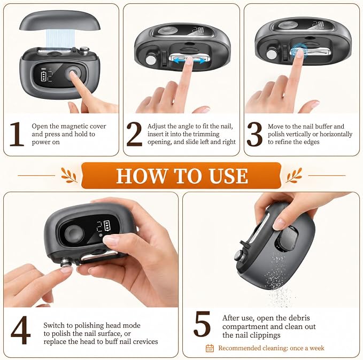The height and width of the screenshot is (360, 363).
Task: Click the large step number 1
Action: pyautogui.click(x=17, y=134)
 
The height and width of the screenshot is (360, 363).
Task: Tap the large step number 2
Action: pyautogui.click(x=134, y=134)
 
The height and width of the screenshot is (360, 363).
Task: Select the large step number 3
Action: pyautogui.click(x=254, y=134)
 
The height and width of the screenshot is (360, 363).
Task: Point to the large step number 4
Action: pyautogui.click(x=21, y=330)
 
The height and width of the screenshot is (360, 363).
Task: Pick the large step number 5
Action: pyautogui.click(x=202, y=324)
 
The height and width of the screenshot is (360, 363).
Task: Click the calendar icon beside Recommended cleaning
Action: pyautogui.click(x=210, y=348)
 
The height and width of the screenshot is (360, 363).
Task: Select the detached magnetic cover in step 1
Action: pyautogui.click(x=60, y=21)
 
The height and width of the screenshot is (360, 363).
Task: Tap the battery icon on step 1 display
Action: pyautogui.click(x=43, y=76)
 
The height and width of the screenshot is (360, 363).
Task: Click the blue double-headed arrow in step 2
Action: pyautogui.click(x=190, y=61)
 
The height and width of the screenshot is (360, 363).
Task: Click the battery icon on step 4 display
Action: pyautogui.click(x=107, y=225)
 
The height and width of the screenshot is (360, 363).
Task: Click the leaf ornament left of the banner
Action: pyautogui.click(x=69, y=175)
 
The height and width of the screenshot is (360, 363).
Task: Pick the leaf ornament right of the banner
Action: pyautogui.click(x=294, y=175)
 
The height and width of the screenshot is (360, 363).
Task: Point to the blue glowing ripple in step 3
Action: pyautogui.click(x=299, y=51)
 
